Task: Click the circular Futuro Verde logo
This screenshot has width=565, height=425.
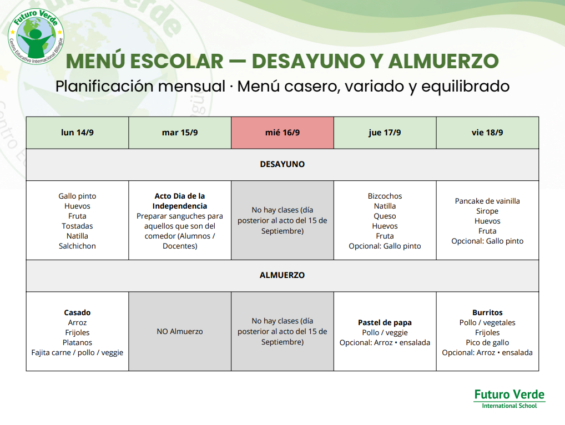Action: pyautogui.click(x=36, y=37)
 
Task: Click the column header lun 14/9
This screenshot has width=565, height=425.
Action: pyautogui.click(x=77, y=133)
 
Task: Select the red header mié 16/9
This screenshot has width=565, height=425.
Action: pyautogui.click(x=282, y=133)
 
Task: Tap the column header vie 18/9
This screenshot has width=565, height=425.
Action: pyautogui.click(x=487, y=133)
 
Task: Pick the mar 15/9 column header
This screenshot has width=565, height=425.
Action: pyautogui.click(x=180, y=133)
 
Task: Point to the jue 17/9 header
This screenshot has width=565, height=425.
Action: pyautogui.click(x=385, y=133)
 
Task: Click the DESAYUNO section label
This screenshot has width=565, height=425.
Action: pyautogui.click(x=282, y=164)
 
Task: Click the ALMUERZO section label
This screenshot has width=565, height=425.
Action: pyautogui.click(x=282, y=275)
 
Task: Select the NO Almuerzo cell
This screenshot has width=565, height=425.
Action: pyautogui.click(x=180, y=331)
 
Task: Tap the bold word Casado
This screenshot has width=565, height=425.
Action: pyautogui.click(x=77, y=312)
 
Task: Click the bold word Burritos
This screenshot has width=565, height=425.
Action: pyautogui.click(x=487, y=312)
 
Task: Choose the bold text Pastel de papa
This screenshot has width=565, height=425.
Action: pyautogui.click(x=385, y=323)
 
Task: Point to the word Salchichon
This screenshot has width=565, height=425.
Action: pyautogui.click(x=77, y=246)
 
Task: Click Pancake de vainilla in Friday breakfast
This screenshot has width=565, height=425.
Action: pyautogui.click(x=487, y=201)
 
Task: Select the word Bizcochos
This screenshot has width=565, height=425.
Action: pyautogui.click(x=385, y=196)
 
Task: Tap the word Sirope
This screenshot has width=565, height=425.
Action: pyautogui.click(x=487, y=211)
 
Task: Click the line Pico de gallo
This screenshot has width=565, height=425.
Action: pyautogui.click(x=487, y=342)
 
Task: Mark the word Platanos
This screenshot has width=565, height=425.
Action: pyautogui.click(x=77, y=342)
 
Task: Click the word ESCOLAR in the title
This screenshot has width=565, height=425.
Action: pyautogui.click(x=177, y=61)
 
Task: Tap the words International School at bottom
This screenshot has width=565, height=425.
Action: pyautogui.click(x=509, y=406)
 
